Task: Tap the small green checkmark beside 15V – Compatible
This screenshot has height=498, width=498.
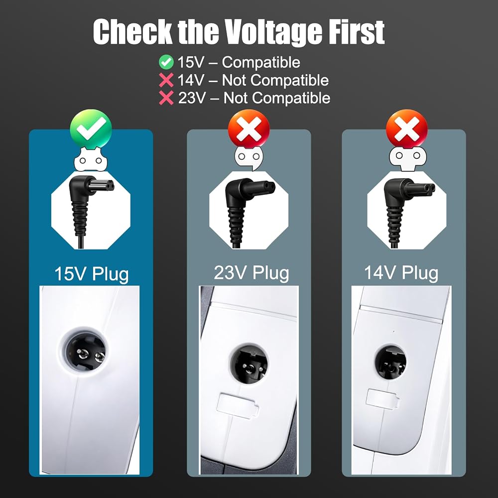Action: click(x=166, y=62)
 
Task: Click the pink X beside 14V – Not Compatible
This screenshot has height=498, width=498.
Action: click(x=166, y=80)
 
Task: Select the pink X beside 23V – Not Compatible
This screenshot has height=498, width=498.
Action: click(x=166, y=98)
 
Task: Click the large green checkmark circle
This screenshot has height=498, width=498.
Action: click(x=91, y=129)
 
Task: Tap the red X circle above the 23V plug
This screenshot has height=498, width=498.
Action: click(x=249, y=129)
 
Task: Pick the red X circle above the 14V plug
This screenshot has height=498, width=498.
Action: click(x=406, y=129)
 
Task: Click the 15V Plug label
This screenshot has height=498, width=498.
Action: click(x=92, y=274)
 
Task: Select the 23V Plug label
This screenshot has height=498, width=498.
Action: click(x=251, y=272)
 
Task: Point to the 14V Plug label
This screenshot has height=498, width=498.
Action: click(x=401, y=272)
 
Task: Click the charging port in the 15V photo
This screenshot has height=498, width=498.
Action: click(x=85, y=353)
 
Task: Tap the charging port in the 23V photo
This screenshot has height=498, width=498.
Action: click(x=249, y=364)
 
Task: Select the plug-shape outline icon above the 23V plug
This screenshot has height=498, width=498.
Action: click(x=249, y=157)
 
